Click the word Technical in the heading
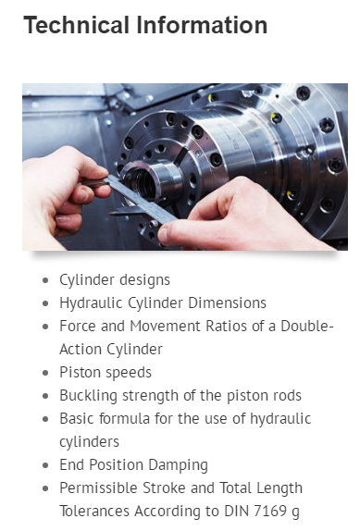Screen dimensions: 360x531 click(x=77, y=25)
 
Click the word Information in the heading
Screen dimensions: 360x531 click(x=202, y=25)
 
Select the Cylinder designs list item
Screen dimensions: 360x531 click(x=115, y=280)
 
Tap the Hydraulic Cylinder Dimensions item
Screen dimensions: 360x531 click(x=163, y=303)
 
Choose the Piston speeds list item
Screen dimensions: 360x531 click(x=106, y=373)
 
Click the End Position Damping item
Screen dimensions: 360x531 click(x=134, y=465)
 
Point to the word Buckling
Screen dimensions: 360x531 click(x=89, y=396)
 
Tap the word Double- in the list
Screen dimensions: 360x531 click(x=307, y=327)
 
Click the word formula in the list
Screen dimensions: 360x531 click(x=124, y=418)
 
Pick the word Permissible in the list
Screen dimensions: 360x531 click(x=99, y=488)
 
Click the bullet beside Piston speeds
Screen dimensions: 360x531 click(x=45, y=373)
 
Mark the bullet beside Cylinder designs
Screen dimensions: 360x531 click(x=45, y=280)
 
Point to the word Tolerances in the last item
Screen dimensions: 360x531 click(x=94, y=511)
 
